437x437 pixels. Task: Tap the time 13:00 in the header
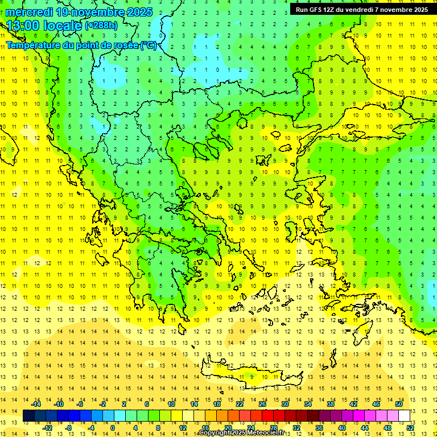click(26, 25)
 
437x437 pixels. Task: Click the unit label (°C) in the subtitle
click(148, 45)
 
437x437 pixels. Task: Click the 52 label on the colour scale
click(410, 428)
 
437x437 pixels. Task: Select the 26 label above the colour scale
click(262, 404)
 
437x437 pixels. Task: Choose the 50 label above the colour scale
click(399, 404)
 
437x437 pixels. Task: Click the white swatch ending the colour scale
click(404, 416)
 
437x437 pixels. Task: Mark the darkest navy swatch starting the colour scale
click(28, 416)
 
